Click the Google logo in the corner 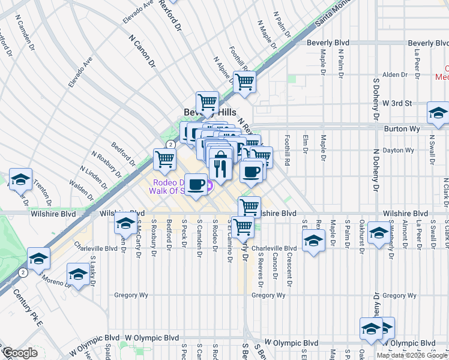[20, 353]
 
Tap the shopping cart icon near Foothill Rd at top [244, 82]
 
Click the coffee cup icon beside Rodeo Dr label [196, 184]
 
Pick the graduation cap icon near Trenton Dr [20, 180]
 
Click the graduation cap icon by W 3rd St [438, 113]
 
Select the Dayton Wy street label [400, 151]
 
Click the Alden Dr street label [395, 74]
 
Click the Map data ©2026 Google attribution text [412, 355]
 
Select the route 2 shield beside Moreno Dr [22, 272]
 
